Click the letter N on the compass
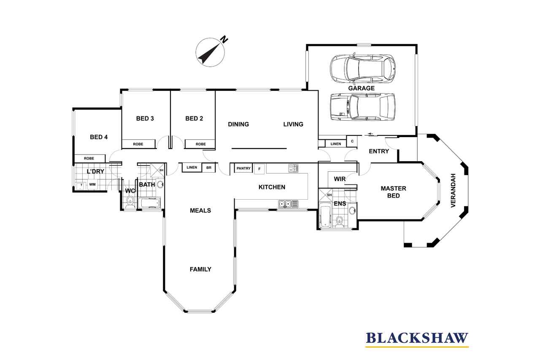(224, 40)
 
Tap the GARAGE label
(362, 88)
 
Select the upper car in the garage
(363, 68)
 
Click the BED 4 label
(99, 137)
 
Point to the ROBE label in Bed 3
(138, 144)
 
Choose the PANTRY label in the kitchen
(243, 168)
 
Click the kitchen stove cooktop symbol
(293, 168)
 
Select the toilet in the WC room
(130, 202)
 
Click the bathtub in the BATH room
(150, 203)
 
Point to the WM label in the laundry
(92, 184)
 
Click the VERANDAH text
(453, 190)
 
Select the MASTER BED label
(394, 192)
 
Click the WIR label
(340, 179)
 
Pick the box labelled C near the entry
(352, 141)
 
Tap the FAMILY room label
(200, 269)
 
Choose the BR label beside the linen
(209, 168)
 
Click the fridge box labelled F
(259, 169)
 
